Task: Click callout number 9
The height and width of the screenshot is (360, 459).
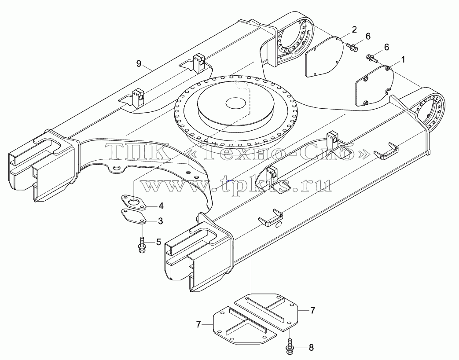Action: coord(139,63)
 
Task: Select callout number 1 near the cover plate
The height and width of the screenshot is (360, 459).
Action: coord(403,60)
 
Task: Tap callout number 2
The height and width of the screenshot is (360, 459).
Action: coord(355,29)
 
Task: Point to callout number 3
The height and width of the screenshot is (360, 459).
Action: coord(161,221)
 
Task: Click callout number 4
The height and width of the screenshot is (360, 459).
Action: coord(161,206)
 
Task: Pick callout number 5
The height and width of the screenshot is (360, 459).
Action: coord(158,242)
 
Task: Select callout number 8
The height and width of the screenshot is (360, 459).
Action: coord(311,348)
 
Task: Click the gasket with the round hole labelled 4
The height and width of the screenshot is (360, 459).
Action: coord(134,202)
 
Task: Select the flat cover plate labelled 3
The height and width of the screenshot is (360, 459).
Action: coord(133,217)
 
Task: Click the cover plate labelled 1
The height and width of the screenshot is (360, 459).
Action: coord(375,86)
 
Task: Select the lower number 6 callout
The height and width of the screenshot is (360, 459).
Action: coord(386,47)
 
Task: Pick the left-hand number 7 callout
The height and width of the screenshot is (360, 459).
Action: coord(199,324)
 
